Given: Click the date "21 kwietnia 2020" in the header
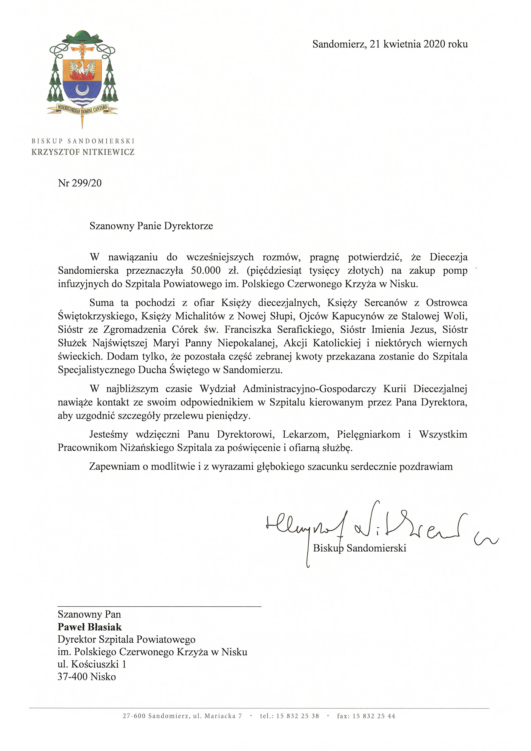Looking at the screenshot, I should click(407, 44).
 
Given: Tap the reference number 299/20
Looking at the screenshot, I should click(87, 183).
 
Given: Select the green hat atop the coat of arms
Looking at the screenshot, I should click(82, 37).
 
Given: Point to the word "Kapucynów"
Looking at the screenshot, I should click(352, 316).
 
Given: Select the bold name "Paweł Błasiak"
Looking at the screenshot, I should click(90, 627).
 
